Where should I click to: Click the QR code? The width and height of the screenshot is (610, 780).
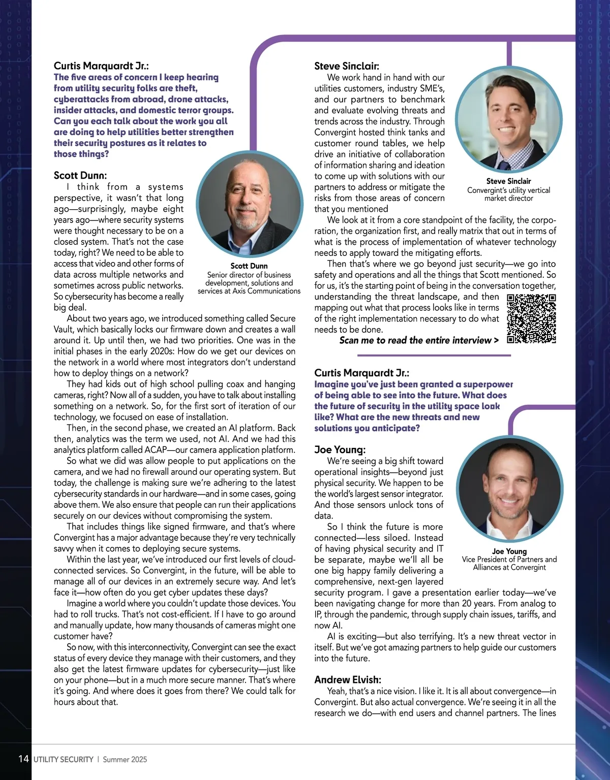pyautogui.click(x=531, y=319)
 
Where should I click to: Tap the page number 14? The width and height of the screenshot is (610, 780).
pyautogui.click(x=23, y=759)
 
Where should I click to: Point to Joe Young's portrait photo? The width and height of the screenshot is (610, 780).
pyautogui.click(x=510, y=490)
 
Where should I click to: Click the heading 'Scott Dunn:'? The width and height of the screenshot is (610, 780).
pyautogui.click(x=80, y=176)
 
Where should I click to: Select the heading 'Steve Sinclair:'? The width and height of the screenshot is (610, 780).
pyautogui.click(x=347, y=66)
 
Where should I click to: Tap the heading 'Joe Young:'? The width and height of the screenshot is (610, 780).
pyautogui.click(x=340, y=449)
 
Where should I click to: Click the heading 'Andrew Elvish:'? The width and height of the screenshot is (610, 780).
pyautogui.click(x=348, y=679)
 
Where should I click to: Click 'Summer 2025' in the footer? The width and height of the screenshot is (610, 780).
pyautogui.click(x=125, y=760)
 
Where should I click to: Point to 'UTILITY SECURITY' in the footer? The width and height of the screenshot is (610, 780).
pyautogui.click(x=64, y=760)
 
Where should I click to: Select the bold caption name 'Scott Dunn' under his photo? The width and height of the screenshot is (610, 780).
pyautogui.click(x=249, y=266)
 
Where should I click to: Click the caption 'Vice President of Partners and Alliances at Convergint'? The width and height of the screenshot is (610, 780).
pyautogui.click(x=509, y=563)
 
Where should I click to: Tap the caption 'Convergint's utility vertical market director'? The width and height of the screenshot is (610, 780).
pyautogui.click(x=509, y=194)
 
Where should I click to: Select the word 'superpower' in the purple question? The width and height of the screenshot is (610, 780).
pyautogui.click(x=488, y=384)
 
